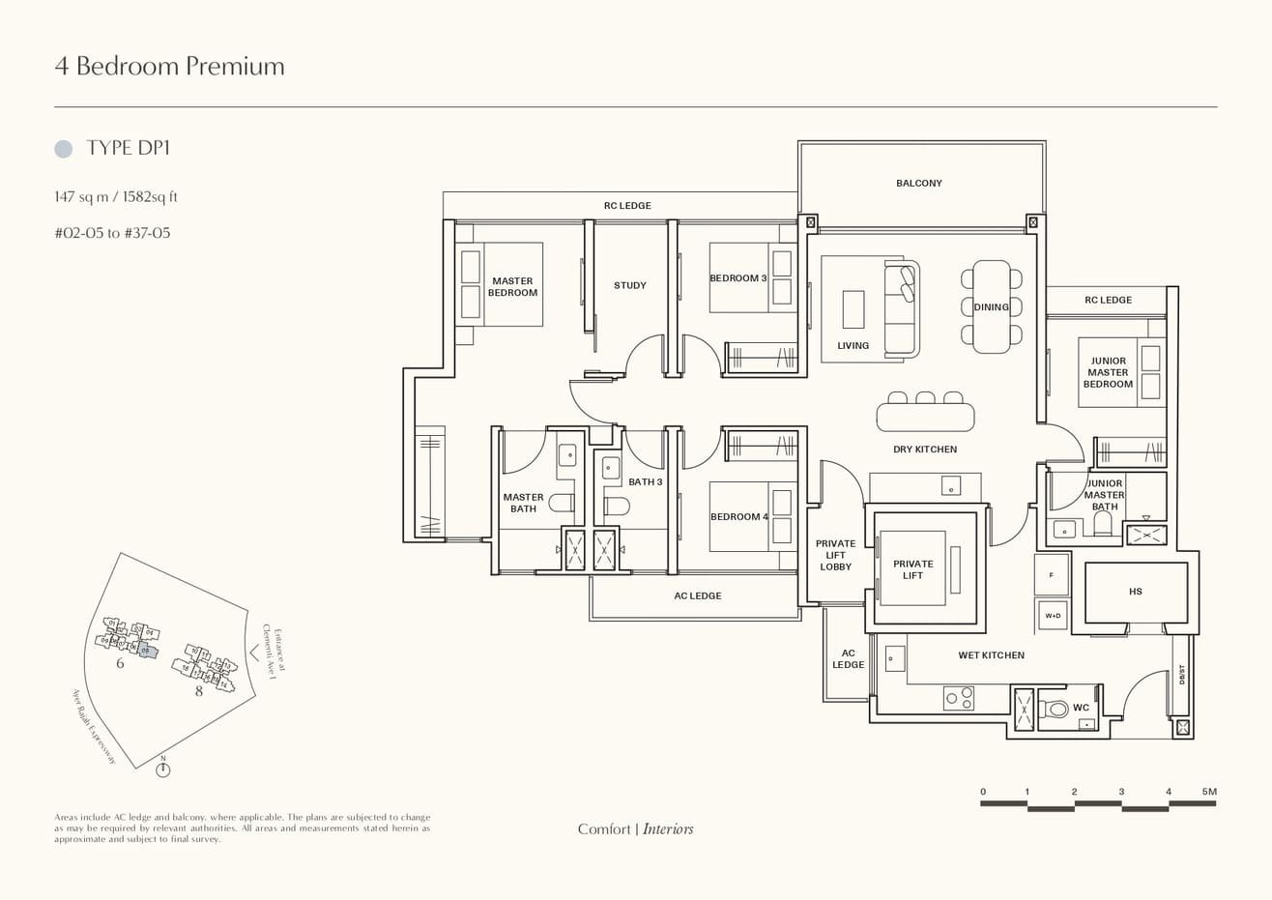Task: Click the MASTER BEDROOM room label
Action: tap(512, 287)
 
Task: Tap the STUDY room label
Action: tap(630, 285)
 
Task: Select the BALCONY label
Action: tap(918, 183)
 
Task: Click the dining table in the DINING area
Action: tap(991, 306)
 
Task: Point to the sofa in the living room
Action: tap(903, 308)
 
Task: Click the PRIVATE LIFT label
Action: tap(912, 569)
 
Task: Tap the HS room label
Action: tap(1135, 592)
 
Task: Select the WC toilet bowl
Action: tap(1058, 710)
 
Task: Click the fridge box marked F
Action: tap(1051, 575)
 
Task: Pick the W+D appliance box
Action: tap(1051, 615)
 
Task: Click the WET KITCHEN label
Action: tap(991, 655)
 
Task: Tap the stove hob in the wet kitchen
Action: tap(959, 697)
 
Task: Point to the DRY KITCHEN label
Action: tap(925, 450)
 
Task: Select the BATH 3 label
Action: tap(646, 481)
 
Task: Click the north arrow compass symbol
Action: tap(163, 769)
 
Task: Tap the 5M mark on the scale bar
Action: tap(1209, 792)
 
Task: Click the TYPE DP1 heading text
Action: tap(129, 148)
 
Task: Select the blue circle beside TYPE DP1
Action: tap(64, 149)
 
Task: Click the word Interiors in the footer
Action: tap(668, 828)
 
